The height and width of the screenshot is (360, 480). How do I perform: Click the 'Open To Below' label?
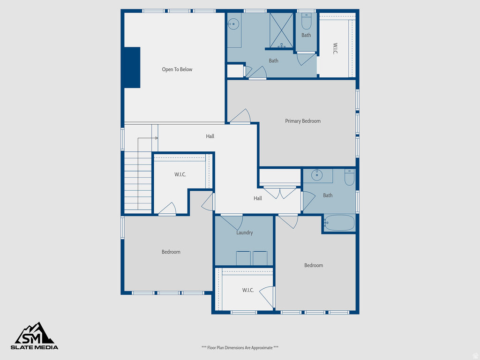[x=177, y=69]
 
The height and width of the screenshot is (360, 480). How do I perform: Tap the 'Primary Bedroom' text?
[x=303, y=121]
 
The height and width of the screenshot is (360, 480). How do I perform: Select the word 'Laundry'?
[x=245, y=232]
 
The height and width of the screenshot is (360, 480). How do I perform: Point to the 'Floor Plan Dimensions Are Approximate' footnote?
[x=240, y=347]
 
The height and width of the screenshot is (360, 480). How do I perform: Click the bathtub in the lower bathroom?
[x=340, y=223]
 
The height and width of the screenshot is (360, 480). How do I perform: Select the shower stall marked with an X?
[x=281, y=30]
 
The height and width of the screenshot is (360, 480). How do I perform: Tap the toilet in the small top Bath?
[x=306, y=21]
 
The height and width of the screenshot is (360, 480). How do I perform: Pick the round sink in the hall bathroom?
[x=317, y=175]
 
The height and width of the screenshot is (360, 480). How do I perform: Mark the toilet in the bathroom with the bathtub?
[x=349, y=177]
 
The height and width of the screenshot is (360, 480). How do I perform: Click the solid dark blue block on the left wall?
[x=132, y=67]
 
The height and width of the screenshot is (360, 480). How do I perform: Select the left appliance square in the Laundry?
[x=243, y=258]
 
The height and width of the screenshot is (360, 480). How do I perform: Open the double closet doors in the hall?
[x=280, y=192]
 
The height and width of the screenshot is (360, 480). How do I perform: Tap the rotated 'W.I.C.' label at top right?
[x=335, y=48]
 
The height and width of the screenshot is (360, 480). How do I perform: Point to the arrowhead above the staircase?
[x=156, y=138]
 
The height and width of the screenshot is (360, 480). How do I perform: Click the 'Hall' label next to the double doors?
[x=258, y=198]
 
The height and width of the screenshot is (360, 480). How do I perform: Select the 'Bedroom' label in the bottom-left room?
[x=171, y=252]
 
